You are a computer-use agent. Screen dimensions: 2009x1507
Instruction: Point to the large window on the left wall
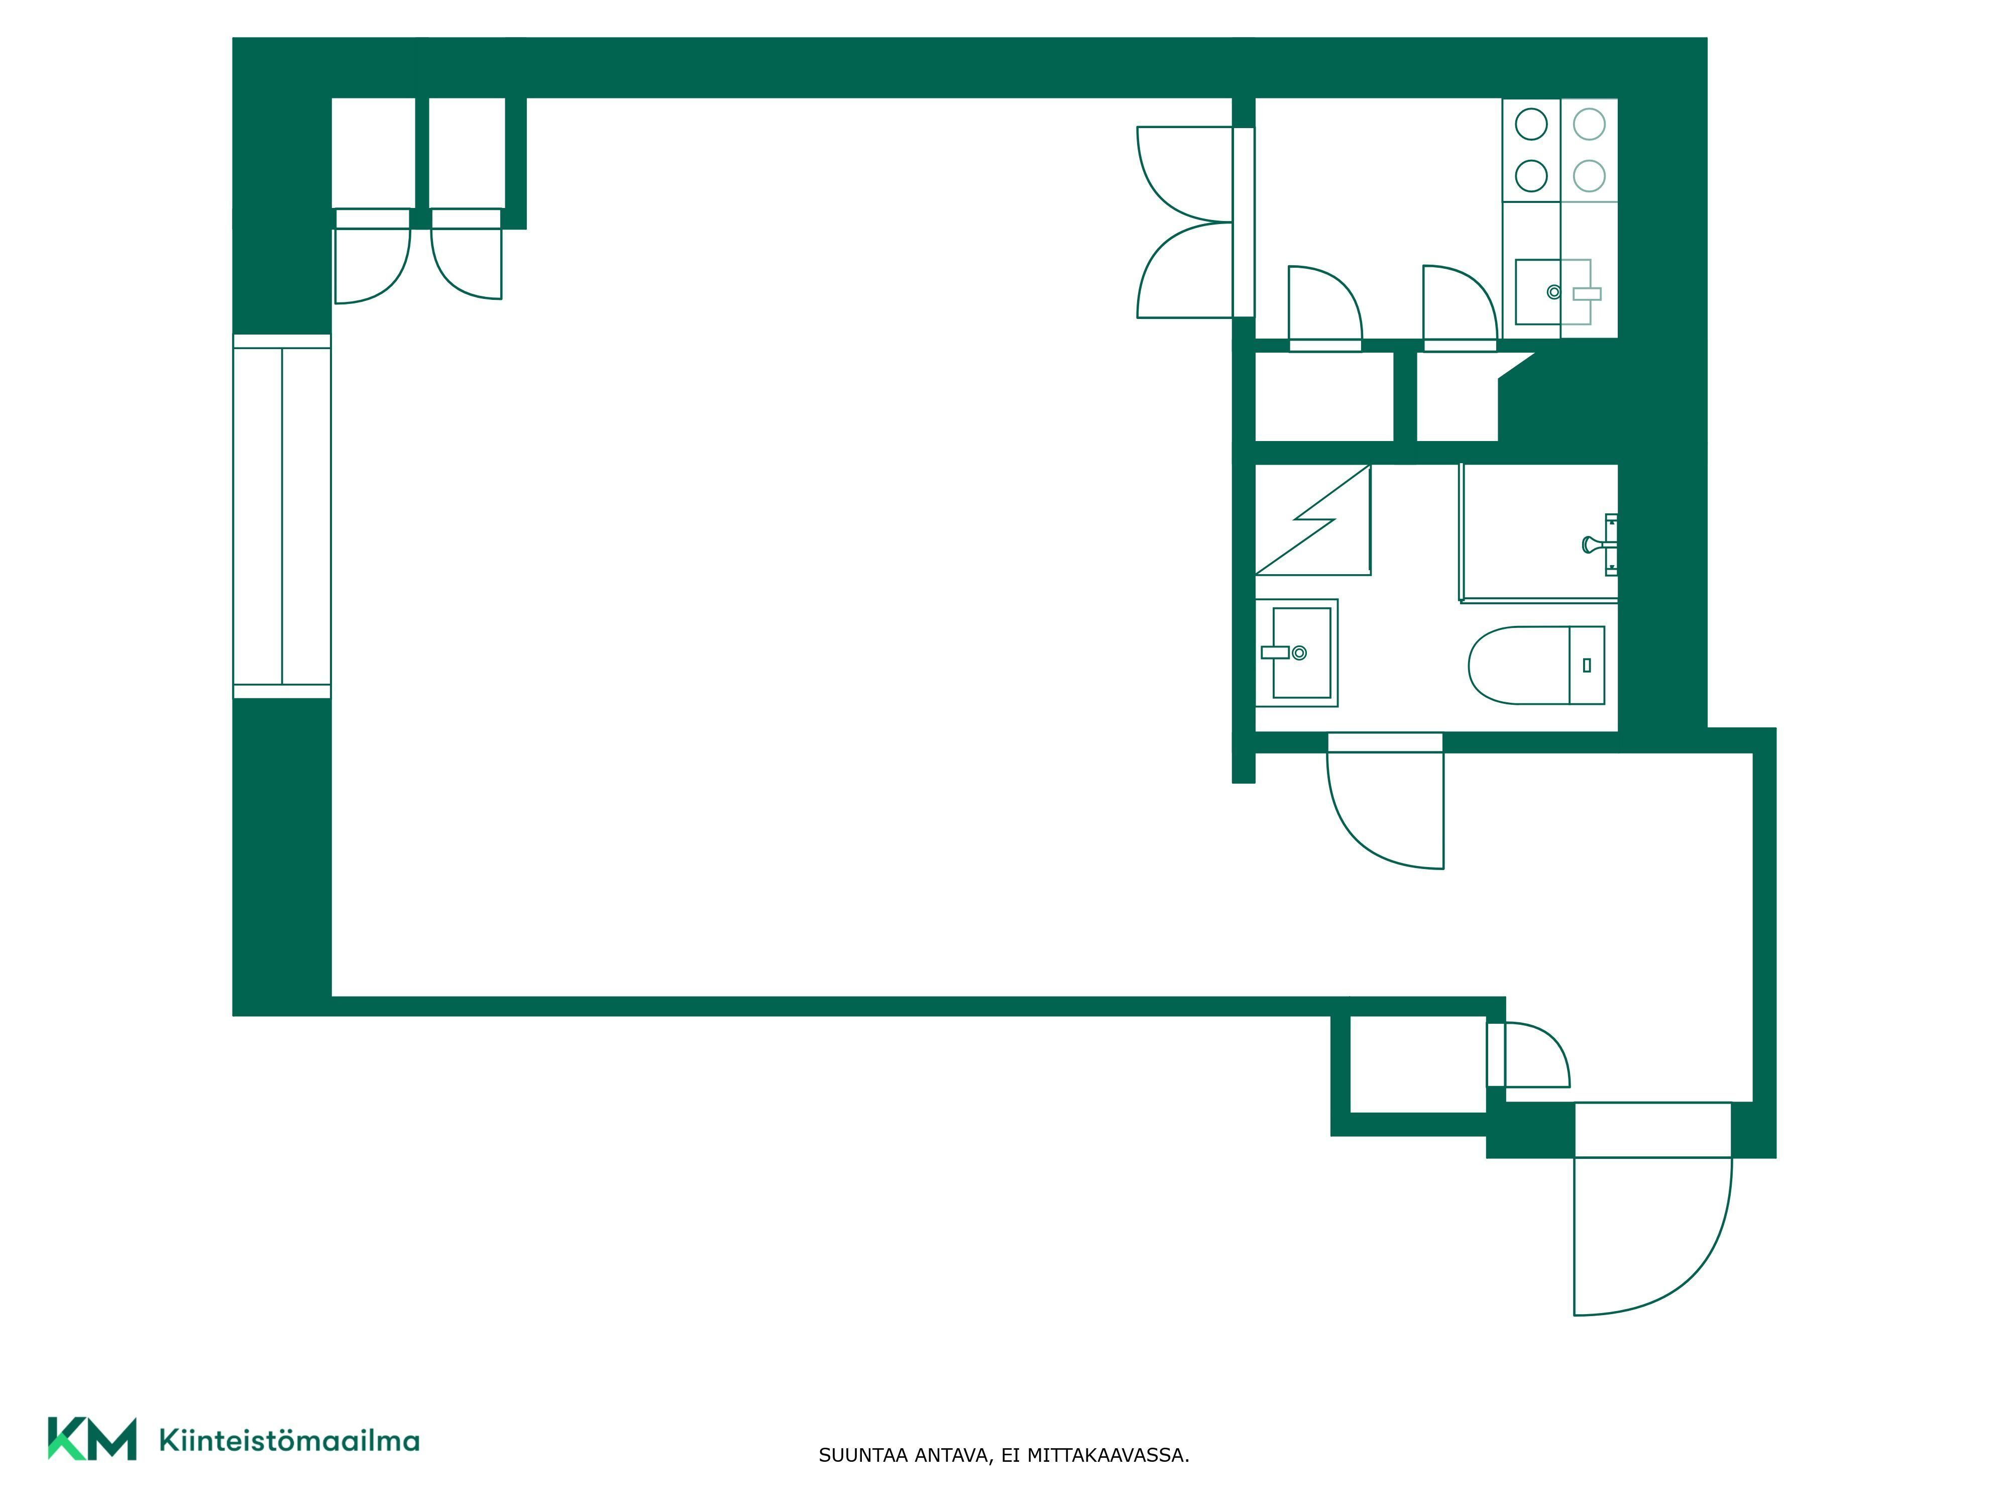point(282,516)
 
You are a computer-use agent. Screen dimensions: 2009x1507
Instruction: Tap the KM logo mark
point(92,1439)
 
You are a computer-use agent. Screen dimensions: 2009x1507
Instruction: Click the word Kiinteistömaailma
point(289,1441)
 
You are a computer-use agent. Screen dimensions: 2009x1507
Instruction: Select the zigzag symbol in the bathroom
point(1312,519)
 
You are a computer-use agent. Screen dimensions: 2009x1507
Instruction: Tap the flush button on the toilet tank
point(1587,665)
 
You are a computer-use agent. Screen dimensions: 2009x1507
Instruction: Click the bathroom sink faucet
point(1276,652)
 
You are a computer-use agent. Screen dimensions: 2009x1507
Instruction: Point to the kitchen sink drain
point(1554,291)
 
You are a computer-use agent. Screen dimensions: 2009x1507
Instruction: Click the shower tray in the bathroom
point(1539,532)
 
